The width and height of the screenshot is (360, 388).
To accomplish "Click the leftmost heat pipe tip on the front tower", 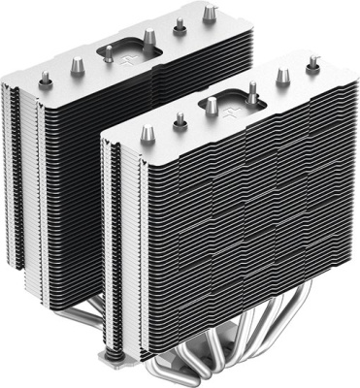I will pyautogui.click(x=147, y=133).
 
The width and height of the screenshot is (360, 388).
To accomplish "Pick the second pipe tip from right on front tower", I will pyautogui.click(x=280, y=78).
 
